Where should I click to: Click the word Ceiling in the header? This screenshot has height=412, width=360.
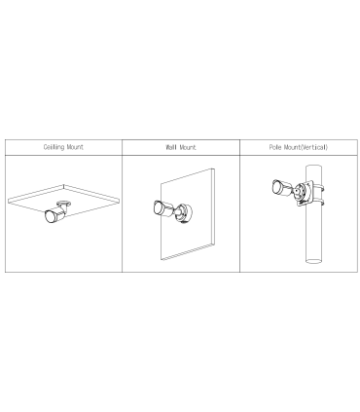pos(54,147)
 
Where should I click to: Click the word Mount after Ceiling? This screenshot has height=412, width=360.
pos(75,147)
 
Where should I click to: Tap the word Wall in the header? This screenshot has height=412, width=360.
pos(171,147)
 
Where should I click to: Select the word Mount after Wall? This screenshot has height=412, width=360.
pos(188,147)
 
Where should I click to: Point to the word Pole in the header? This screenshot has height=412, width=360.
pos(275,147)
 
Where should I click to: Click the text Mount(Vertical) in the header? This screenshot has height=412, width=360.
pos(306,147)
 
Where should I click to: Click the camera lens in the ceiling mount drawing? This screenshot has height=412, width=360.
pos(51,216)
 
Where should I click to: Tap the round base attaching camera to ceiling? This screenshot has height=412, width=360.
pos(64,205)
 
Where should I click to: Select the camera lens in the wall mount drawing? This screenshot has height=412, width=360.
pos(159,207)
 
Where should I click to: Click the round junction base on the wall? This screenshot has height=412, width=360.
pos(184,213)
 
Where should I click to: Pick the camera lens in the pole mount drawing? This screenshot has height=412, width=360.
pos(278,188)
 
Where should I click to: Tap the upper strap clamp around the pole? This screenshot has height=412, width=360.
pos(320,188)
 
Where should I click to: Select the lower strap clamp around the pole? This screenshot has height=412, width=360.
pos(320,203)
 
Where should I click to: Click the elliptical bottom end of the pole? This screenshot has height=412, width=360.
pos(314,261)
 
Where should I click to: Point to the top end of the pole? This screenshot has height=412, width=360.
pos(314,167)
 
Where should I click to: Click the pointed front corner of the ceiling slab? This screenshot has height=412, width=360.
pos(64,185)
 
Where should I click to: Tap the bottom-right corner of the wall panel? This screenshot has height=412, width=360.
pos(214,243)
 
